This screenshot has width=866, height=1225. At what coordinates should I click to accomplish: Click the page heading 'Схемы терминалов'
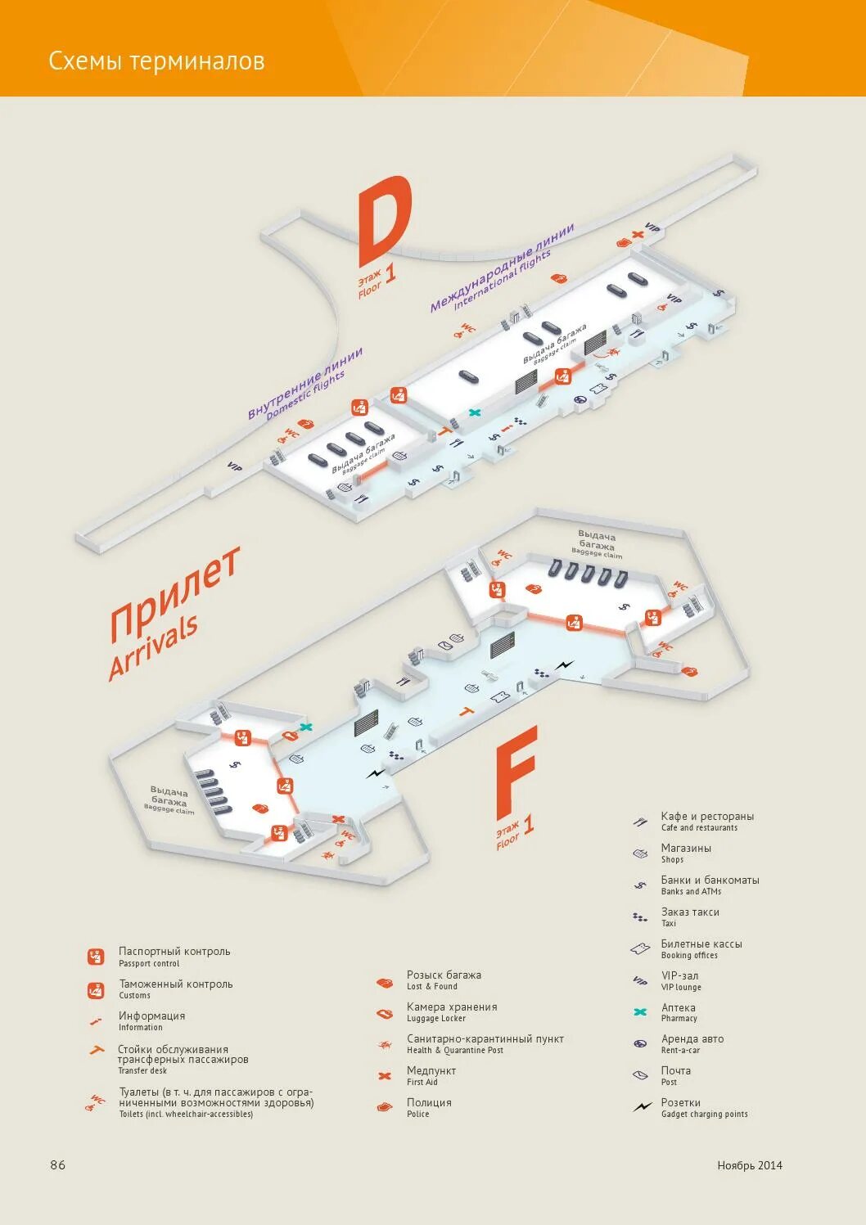156,61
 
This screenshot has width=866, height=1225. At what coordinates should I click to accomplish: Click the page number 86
57,1164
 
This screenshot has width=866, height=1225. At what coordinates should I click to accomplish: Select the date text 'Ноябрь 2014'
749,1165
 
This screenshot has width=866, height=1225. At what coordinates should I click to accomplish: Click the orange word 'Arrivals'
153,646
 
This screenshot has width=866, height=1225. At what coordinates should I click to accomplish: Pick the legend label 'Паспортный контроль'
174,952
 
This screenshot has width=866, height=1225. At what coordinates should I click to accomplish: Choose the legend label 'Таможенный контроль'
175,984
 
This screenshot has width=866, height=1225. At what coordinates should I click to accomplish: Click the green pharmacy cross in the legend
640,1012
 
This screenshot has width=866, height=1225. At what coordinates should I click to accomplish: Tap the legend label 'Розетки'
680,1102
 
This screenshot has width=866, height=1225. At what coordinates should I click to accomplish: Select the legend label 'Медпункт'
431,1070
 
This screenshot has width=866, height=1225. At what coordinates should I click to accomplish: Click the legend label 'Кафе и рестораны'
707,817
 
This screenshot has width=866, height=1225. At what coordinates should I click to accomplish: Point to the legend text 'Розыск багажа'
444,975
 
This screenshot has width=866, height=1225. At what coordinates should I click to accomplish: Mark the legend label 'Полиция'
429,1102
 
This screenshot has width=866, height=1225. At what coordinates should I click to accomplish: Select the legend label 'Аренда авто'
692,1039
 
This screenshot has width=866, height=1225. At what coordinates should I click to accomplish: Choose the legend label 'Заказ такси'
690,912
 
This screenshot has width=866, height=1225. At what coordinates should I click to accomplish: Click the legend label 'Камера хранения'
452,1007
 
